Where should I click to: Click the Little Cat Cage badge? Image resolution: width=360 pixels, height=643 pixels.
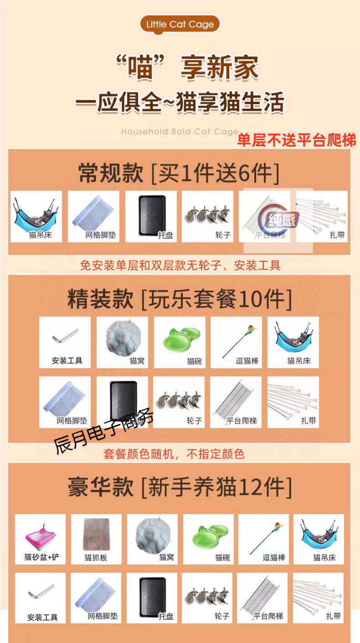180,24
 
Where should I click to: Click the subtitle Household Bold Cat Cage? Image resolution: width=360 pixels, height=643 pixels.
180,132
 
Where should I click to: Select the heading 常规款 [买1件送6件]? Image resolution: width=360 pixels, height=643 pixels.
179,173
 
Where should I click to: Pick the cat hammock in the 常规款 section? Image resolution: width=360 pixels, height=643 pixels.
36,215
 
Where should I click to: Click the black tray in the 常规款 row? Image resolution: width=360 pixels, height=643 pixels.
150,215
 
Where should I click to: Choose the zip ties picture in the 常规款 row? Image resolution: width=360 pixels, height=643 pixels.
321,215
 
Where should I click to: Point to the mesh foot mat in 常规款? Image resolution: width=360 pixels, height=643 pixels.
93,215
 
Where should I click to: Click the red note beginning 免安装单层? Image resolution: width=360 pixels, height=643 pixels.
180,265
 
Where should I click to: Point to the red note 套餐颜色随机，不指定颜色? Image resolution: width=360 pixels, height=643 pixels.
174,454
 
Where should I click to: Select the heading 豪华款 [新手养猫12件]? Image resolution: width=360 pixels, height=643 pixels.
179,487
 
